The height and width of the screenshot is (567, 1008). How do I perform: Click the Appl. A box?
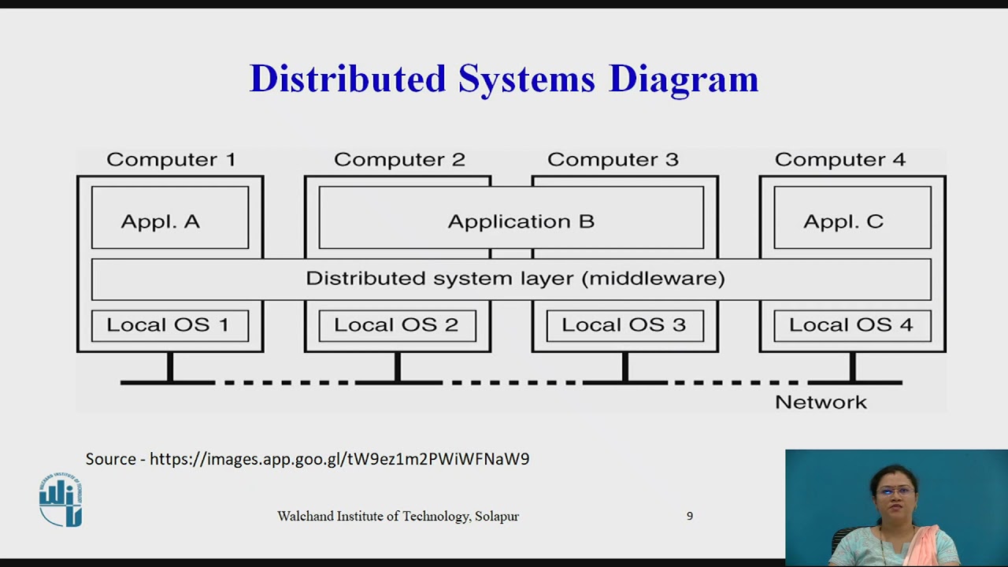170,218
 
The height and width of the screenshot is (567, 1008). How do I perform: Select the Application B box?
511,218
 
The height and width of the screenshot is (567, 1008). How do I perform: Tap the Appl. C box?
852,218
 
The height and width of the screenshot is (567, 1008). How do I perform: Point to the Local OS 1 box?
170,325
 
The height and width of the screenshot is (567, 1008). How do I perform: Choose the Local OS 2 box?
397,325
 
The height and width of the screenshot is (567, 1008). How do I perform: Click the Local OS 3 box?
624,325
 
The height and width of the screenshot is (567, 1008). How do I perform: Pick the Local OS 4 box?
852,325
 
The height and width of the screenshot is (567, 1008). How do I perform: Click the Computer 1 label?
171,160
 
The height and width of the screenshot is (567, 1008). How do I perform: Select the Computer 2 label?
399,160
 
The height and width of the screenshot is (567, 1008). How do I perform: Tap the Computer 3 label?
613,160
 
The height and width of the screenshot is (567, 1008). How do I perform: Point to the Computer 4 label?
840,160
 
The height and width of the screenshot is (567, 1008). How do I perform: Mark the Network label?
821,402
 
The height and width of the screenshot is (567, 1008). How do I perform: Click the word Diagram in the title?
684,79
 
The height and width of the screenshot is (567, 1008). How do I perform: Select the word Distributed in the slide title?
347,79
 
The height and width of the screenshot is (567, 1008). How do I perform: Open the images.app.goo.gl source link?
339,458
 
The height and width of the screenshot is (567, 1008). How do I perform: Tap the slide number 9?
690,517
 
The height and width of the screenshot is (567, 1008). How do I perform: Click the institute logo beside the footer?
61,500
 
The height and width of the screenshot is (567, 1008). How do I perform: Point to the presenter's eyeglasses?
895,491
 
